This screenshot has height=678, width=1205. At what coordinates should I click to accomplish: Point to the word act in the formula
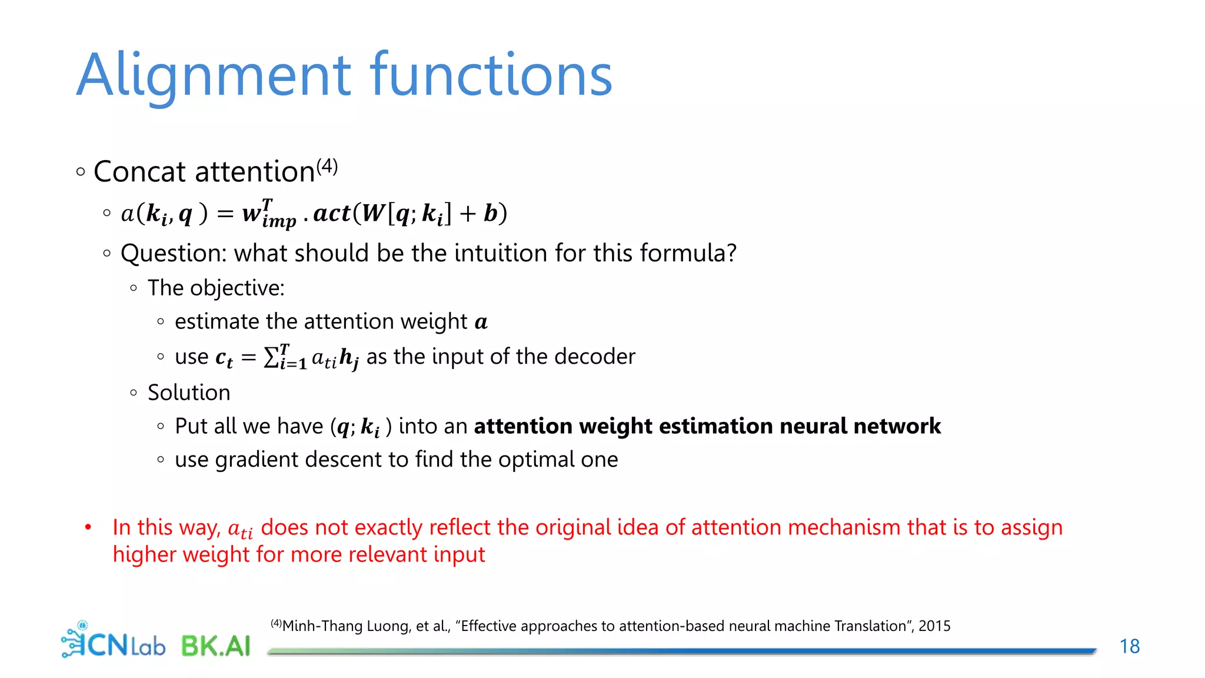pyautogui.click(x=332, y=213)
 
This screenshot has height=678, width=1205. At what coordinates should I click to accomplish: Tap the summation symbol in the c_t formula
pyautogui.click(x=271, y=357)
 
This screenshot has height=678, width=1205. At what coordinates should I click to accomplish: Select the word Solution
pyautogui.click(x=189, y=393)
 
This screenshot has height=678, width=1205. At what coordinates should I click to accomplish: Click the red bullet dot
pyautogui.click(x=88, y=527)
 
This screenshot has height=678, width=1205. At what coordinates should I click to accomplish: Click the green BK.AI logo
pyautogui.click(x=215, y=646)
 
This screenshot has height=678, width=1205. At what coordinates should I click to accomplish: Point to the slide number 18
pyautogui.click(x=1129, y=646)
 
